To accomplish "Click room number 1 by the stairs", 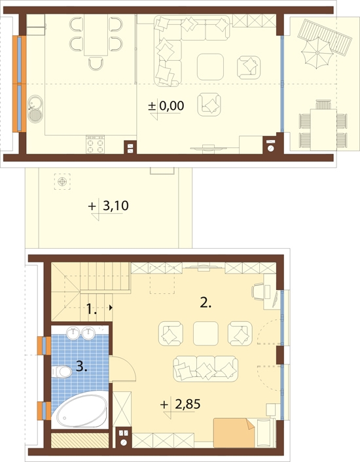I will click(x=92, y=308).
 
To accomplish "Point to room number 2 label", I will click(x=206, y=302).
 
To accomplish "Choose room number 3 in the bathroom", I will click(x=81, y=366).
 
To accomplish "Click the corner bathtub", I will click(x=79, y=410).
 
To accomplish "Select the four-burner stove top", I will click(x=96, y=144).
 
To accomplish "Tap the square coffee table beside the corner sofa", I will click(x=211, y=65).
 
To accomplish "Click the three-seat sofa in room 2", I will click(x=206, y=368).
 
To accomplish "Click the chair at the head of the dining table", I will click(x=96, y=63).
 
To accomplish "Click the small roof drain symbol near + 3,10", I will click(x=62, y=182).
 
